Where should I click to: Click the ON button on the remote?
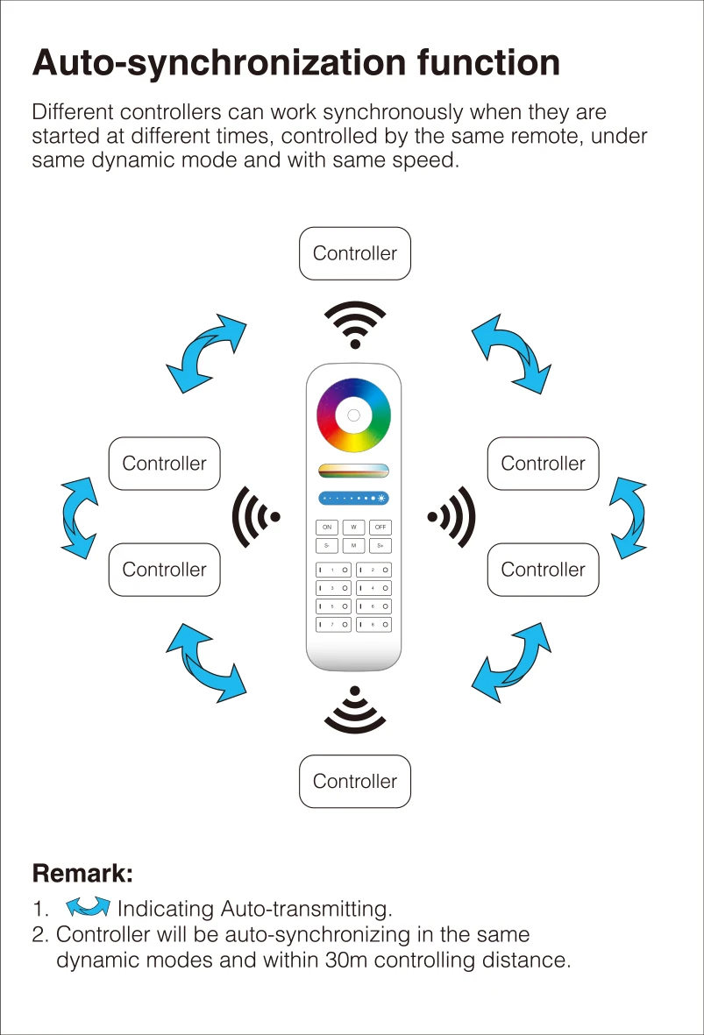click(327, 528)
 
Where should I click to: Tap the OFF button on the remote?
click(380, 528)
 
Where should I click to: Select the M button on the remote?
click(353, 546)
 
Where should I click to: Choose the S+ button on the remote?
click(380, 546)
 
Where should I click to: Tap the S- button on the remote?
click(327, 546)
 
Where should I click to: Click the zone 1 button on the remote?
click(333, 571)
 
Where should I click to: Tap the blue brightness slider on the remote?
click(353, 499)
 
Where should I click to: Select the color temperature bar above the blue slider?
click(353, 470)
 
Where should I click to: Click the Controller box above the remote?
click(355, 254)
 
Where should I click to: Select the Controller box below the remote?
click(355, 782)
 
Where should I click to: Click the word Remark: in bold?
click(82, 874)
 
